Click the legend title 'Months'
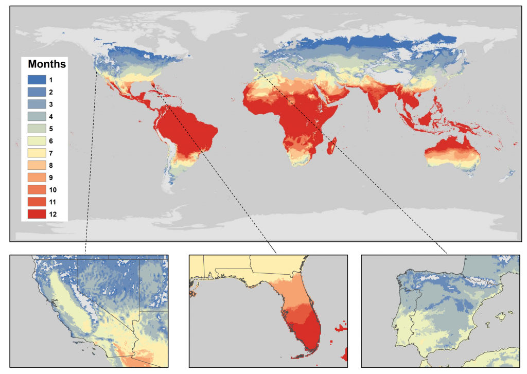(46, 65)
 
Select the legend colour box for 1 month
(37, 80)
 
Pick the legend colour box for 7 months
(37, 153)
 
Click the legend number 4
(51, 116)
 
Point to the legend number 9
(51, 177)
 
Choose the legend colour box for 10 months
(37, 189)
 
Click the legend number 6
(51, 140)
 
